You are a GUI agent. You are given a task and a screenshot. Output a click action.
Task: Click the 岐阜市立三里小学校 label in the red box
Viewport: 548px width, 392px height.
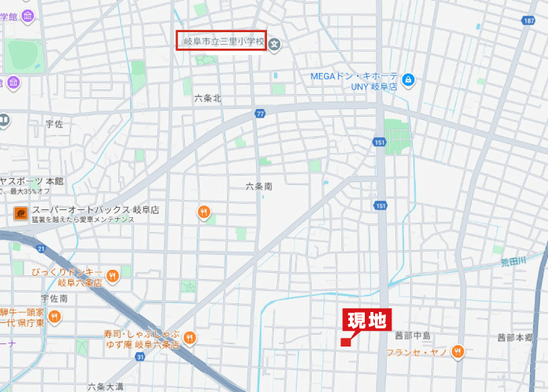click(222, 41)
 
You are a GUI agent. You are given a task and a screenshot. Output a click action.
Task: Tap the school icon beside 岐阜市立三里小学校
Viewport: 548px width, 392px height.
click(275, 44)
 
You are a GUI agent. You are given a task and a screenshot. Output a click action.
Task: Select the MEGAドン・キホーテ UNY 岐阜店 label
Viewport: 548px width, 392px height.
click(354, 81)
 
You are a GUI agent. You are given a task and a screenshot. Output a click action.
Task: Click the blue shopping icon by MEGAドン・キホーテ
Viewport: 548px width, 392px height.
click(408, 80)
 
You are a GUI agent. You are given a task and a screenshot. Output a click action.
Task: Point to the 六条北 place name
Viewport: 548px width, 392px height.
click(207, 99)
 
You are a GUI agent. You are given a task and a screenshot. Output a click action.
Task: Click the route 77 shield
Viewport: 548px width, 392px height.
click(260, 114)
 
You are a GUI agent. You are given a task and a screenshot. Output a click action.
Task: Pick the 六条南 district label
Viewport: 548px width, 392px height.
click(258, 187)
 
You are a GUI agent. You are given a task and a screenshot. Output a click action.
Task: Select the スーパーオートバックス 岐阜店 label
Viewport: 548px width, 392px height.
click(96, 210)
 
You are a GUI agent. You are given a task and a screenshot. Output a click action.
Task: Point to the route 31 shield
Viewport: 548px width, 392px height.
click(139, 357)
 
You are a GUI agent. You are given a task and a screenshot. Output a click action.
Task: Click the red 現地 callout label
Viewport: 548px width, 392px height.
click(366, 320)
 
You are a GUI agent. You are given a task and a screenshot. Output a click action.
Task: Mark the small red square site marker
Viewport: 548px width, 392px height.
click(345, 341)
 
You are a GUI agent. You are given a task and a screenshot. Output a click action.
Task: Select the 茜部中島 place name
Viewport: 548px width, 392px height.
click(413, 336)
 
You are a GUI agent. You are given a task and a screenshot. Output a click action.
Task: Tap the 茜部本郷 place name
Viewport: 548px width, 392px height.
click(514, 338)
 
